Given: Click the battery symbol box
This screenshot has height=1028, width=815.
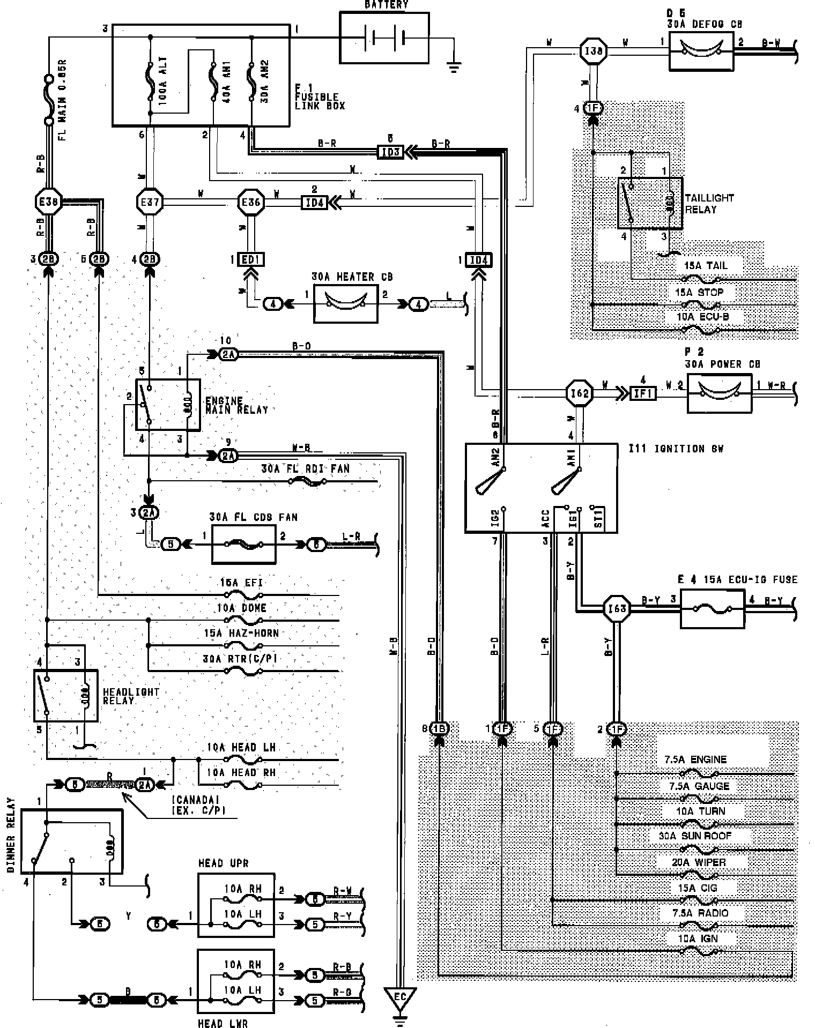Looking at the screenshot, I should tap(384, 38).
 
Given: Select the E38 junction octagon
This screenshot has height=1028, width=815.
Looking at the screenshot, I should tap(47, 202).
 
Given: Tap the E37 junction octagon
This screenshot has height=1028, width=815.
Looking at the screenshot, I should tap(149, 202).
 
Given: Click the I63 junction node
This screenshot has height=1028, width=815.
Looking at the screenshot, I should tap(617, 608).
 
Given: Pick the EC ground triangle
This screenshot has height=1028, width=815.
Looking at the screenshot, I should tap(400, 996).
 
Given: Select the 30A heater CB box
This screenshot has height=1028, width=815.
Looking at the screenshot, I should tap(345, 304).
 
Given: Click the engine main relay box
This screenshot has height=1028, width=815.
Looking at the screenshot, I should tap(167, 405).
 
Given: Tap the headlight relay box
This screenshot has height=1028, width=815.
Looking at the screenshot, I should tap(65, 695).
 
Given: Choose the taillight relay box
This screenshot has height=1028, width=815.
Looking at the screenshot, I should tap(650, 203).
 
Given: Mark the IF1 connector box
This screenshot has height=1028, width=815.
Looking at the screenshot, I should tap(642, 393).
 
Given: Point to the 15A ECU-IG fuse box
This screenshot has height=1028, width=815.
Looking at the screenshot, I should tap(712, 609).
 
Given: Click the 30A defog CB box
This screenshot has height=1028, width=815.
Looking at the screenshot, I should tap(701, 51).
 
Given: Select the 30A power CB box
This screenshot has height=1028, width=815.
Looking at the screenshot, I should tap(719, 393).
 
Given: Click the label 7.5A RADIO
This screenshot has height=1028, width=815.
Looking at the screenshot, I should tap(700, 912).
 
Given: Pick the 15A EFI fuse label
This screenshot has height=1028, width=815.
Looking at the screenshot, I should tap(241, 583).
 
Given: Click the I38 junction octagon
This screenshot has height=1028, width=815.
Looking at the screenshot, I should tap(594, 51).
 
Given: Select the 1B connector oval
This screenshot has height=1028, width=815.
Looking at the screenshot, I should tap(439, 728).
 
